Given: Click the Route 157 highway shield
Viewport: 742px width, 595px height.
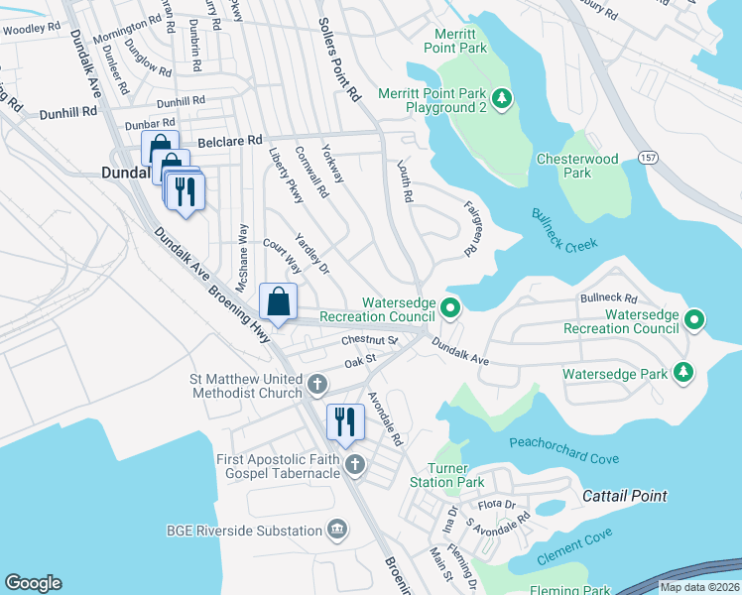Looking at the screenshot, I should click(x=649, y=158).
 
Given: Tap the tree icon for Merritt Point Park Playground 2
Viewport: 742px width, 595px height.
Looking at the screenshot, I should click(x=502, y=97).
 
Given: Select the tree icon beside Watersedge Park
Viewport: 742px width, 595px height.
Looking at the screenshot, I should click(x=682, y=373).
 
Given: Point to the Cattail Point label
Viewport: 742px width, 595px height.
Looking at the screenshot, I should click(x=624, y=495).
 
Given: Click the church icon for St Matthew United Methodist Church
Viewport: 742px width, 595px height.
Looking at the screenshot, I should click(x=316, y=384).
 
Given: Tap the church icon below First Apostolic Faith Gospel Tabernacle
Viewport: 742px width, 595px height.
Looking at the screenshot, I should click(x=354, y=465).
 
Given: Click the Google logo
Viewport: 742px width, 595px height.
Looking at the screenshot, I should click(x=33, y=582).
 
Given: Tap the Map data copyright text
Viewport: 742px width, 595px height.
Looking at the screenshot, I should click(x=700, y=587).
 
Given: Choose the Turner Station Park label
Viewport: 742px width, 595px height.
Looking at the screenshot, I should click(x=455, y=475).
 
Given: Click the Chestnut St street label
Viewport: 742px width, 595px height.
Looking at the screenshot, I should click(x=369, y=340).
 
